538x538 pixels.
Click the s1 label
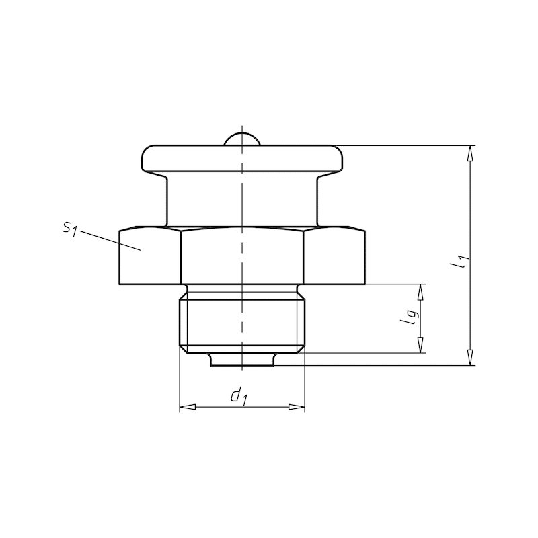click(69, 229)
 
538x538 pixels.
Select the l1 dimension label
click(459, 261)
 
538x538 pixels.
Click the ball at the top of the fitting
click(242, 139)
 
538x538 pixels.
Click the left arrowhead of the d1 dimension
click(188, 407)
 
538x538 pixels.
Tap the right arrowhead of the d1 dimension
click(297, 407)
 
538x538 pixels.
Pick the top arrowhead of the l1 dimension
click(470, 153)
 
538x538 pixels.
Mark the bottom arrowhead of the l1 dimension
click(470, 358)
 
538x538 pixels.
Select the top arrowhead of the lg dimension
click(420, 293)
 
